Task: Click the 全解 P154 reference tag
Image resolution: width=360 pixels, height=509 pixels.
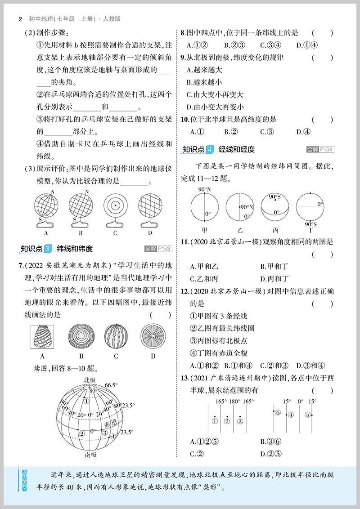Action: coord(320,149)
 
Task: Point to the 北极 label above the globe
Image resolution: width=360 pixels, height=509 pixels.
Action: coord(90,380)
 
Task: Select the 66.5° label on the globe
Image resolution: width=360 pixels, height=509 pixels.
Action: coord(111,385)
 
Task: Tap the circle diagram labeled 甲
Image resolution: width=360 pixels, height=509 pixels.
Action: coord(204,207)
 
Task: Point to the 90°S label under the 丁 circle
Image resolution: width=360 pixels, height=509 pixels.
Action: coord(310,223)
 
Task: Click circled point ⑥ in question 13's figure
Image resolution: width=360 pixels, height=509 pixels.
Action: coord(278,413)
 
